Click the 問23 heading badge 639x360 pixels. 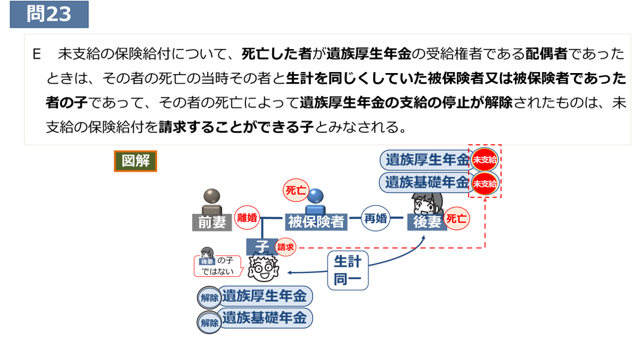(x=49, y=15)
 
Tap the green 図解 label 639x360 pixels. (x=135, y=161)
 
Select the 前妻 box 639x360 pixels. (x=212, y=221)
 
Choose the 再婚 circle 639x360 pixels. (x=375, y=219)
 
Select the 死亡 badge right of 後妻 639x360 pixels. (x=457, y=219)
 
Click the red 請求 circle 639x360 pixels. (x=285, y=248)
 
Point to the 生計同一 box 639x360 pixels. (x=347, y=270)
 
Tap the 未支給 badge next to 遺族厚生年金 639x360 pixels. (x=484, y=160)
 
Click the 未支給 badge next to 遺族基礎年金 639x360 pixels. (x=484, y=183)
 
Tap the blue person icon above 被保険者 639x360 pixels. (x=316, y=200)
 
